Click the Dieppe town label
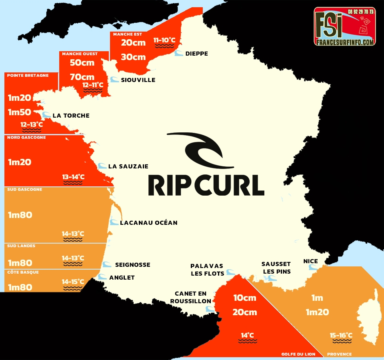pyautogui.click(x=196, y=54)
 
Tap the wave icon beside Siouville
pyautogui.click(x=114, y=80)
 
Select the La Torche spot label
pyautogui.click(x=71, y=116)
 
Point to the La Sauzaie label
pyautogui.click(x=128, y=166)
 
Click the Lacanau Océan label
pyautogui.click(x=148, y=223)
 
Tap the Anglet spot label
pyautogui.click(x=122, y=278)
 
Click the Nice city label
pyautogui.click(x=310, y=262)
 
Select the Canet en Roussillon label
pyautogui.click(x=190, y=297)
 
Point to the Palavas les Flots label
pyautogui.click(x=207, y=269)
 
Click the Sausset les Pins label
pyautogui.click(x=276, y=268)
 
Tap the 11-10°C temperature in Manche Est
pyautogui.click(x=164, y=40)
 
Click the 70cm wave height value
pyautogui.click(x=82, y=77)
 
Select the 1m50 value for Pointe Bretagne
pyautogui.click(x=20, y=112)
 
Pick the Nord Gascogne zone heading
pyautogui.click(x=26, y=138)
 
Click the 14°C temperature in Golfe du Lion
pyautogui.click(x=247, y=335)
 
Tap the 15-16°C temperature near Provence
pyautogui.click(x=341, y=335)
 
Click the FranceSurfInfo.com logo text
pyautogui.click(x=344, y=42)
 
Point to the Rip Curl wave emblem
pyautogui.click(x=200, y=150)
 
